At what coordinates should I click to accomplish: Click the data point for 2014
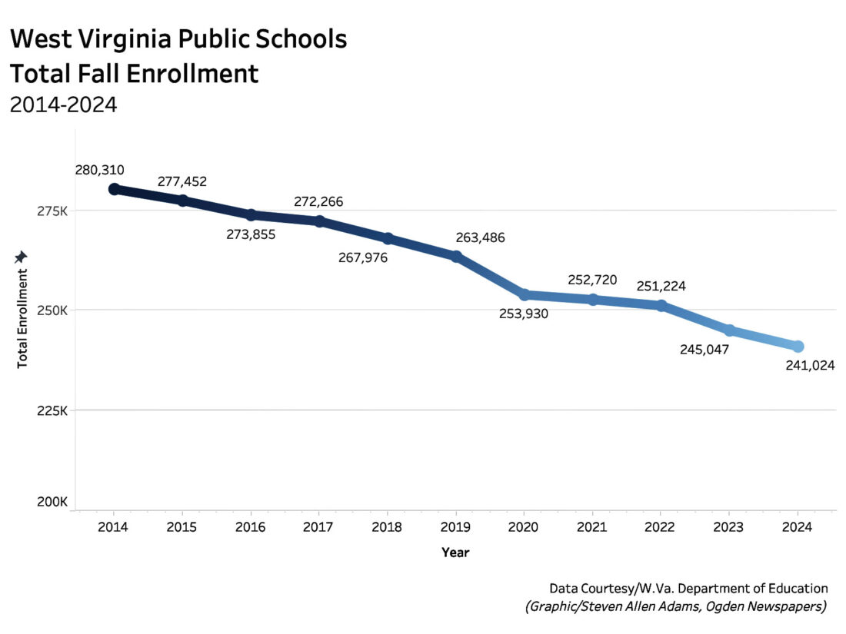pos(114,189)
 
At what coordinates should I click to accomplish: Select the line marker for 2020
pos(525,295)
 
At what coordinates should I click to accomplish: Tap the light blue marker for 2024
pos(798,347)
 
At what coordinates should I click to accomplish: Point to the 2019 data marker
pos(456,257)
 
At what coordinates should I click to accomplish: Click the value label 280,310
pos(99,170)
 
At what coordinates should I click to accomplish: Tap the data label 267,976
pos(363,257)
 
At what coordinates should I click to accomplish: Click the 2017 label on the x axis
pos(319,528)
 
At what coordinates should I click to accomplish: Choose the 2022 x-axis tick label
pos(661,528)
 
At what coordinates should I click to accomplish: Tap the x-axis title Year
pos(455,552)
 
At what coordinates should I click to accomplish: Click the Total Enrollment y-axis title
pos(22,317)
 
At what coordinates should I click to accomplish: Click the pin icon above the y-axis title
pos(22,256)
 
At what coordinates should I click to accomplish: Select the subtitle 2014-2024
pos(63,105)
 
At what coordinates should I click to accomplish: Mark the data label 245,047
pos(704,350)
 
